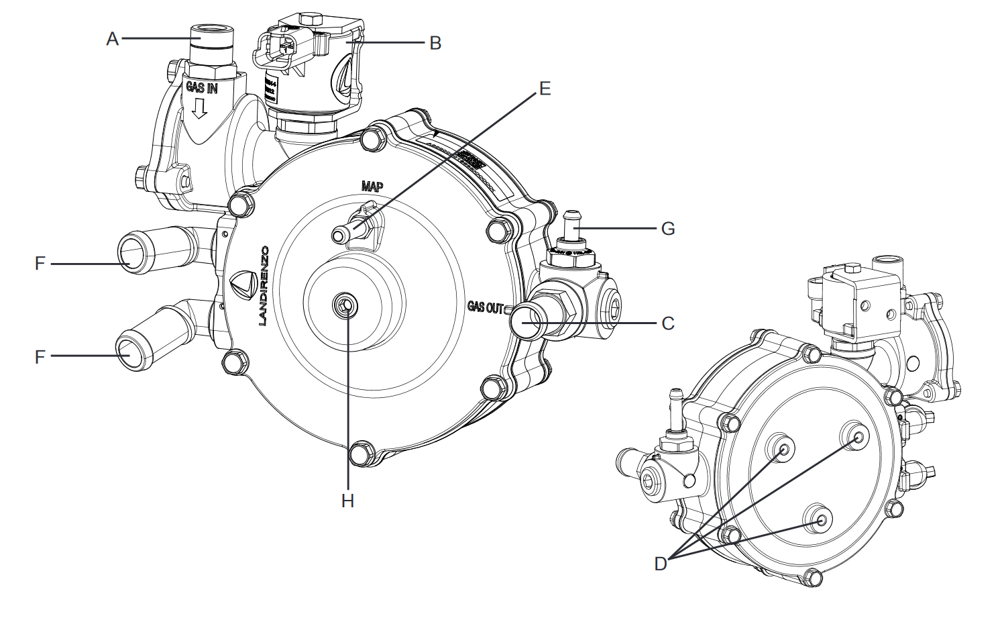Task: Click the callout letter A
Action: pyautogui.click(x=112, y=39)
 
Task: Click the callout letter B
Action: pyautogui.click(x=435, y=43)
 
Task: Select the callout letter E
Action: pyautogui.click(x=545, y=88)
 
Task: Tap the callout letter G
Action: pyautogui.click(x=667, y=229)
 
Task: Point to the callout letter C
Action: pyautogui.click(x=667, y=323)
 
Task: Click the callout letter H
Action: pyautogui.click(x=347, y=501)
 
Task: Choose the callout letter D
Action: pyautogui.click(x=661, y=564)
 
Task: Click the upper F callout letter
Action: pyautogui.click(x=40, y=264)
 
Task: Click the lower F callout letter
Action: pyautogui.click(x=40, y=356)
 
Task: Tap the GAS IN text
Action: pyautogui.click(x=201, y=88)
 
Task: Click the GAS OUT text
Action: pyautogui.click(x=486, y=307)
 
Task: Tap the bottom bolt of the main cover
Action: pyautogui.click(x=362, y=454)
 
